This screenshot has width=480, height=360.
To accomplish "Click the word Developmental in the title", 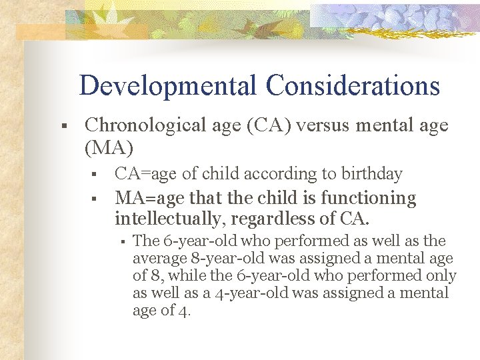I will [x=167, y=86].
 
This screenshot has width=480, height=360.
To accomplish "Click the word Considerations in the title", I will [x=353, y=86].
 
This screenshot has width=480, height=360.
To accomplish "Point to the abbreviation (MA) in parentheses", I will [x=109, y=147].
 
